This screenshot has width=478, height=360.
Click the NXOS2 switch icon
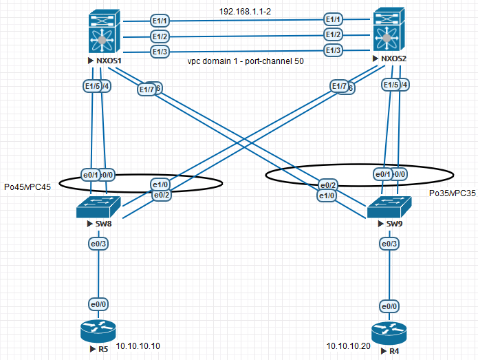[x=389, y=31]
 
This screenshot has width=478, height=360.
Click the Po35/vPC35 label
[x=452, y=193]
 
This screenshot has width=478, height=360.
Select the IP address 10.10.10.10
[x=138, y=346]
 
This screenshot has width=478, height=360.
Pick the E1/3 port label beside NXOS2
[x=334, y=50]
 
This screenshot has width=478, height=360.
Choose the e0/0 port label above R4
[x=389, y=306]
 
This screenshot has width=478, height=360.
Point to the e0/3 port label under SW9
[x=389, y=243]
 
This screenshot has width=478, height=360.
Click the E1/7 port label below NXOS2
[x=339, y=87]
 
